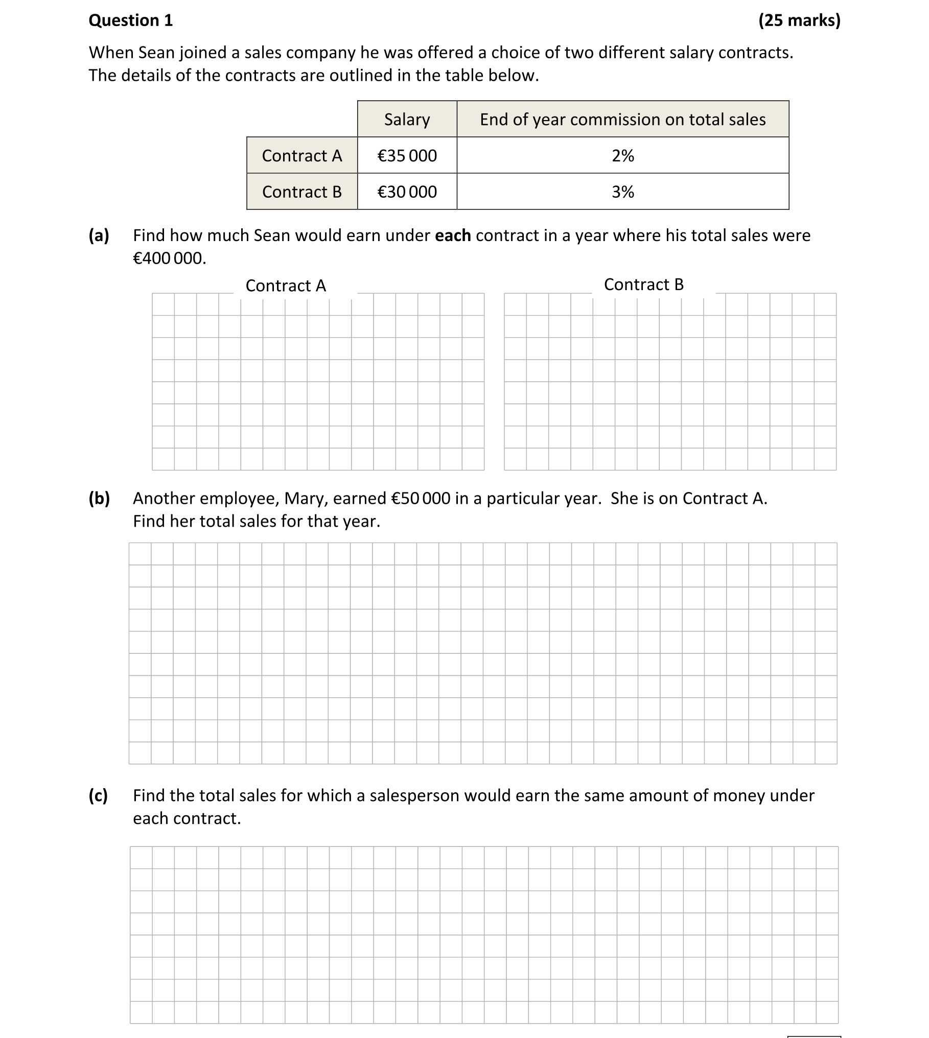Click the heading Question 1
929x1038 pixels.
[131, 20]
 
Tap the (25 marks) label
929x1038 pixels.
[799, 20]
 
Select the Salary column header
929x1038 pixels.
[407, 120]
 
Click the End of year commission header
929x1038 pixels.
[622, 120]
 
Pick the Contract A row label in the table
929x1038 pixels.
[301, 156]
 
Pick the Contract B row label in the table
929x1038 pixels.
[301, 192]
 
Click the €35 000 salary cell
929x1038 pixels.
[407, 156]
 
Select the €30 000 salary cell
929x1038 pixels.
[407, 192]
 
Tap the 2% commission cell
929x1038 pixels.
[622, 156]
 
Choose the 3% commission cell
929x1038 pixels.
[622, 192]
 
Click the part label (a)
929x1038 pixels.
[99, 235]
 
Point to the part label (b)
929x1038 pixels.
[99, 498]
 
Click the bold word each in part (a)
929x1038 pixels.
[453, 235]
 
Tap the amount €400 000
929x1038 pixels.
[170, 258]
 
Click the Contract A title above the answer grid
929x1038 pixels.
[286, 286]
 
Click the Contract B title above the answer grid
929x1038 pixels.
[643, 285]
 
